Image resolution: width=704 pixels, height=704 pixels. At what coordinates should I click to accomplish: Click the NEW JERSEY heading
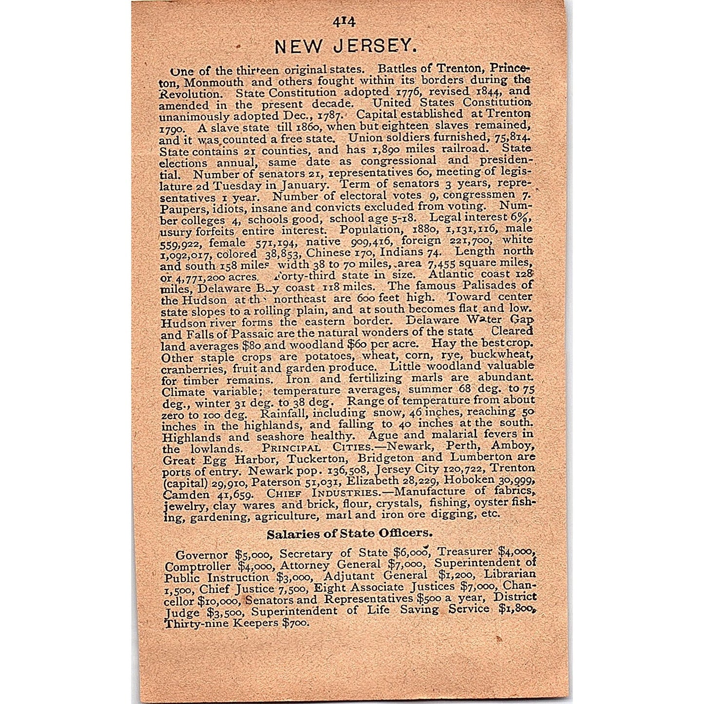coord(346,46)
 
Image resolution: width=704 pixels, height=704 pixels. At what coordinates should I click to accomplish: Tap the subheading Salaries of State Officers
coord(349,534)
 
